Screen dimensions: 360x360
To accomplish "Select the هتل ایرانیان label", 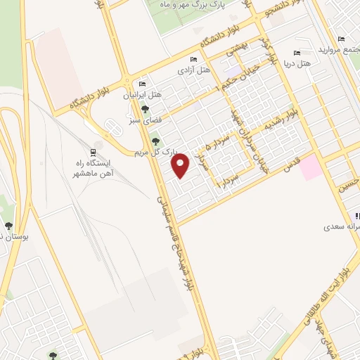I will pos(147,94).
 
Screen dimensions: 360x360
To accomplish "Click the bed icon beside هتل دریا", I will pos(296,53).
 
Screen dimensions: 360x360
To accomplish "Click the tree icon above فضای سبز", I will pos(145,109).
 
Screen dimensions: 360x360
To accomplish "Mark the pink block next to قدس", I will pos(312,167).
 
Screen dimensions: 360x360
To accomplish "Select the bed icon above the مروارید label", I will pos(341,39).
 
